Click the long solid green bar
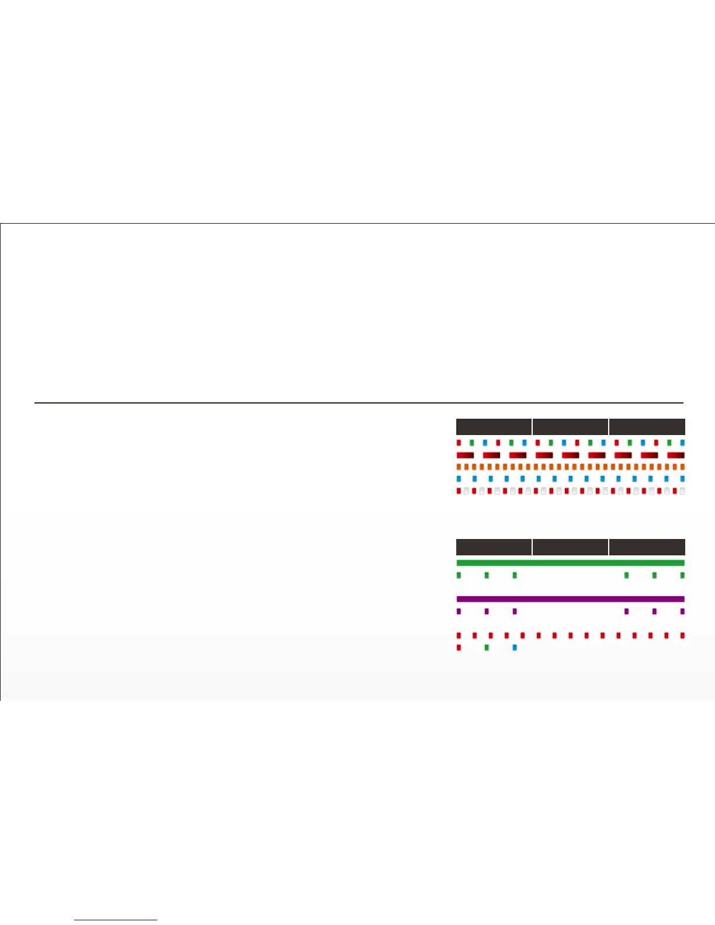[570, 563]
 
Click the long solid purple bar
[570, 599]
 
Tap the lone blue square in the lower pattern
[514, 648]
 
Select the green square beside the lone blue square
[487, 648]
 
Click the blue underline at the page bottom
[116, 920]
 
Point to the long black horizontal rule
[359, 402]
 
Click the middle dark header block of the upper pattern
[570, 426]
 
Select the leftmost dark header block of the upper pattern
[494, 426]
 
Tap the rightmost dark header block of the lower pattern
[647, 547]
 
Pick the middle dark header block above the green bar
[570, 547]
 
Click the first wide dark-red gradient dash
[465, 455]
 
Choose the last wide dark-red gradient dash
[675, 455]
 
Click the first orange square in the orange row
[459, 467]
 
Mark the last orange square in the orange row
[682, 467]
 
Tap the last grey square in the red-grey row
[682, 491]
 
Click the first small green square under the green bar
[459, 575]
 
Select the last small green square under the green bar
[682, 575]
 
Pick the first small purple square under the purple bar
[459, 611]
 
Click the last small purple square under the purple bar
[682, 611]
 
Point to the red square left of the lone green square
[459, 648]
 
